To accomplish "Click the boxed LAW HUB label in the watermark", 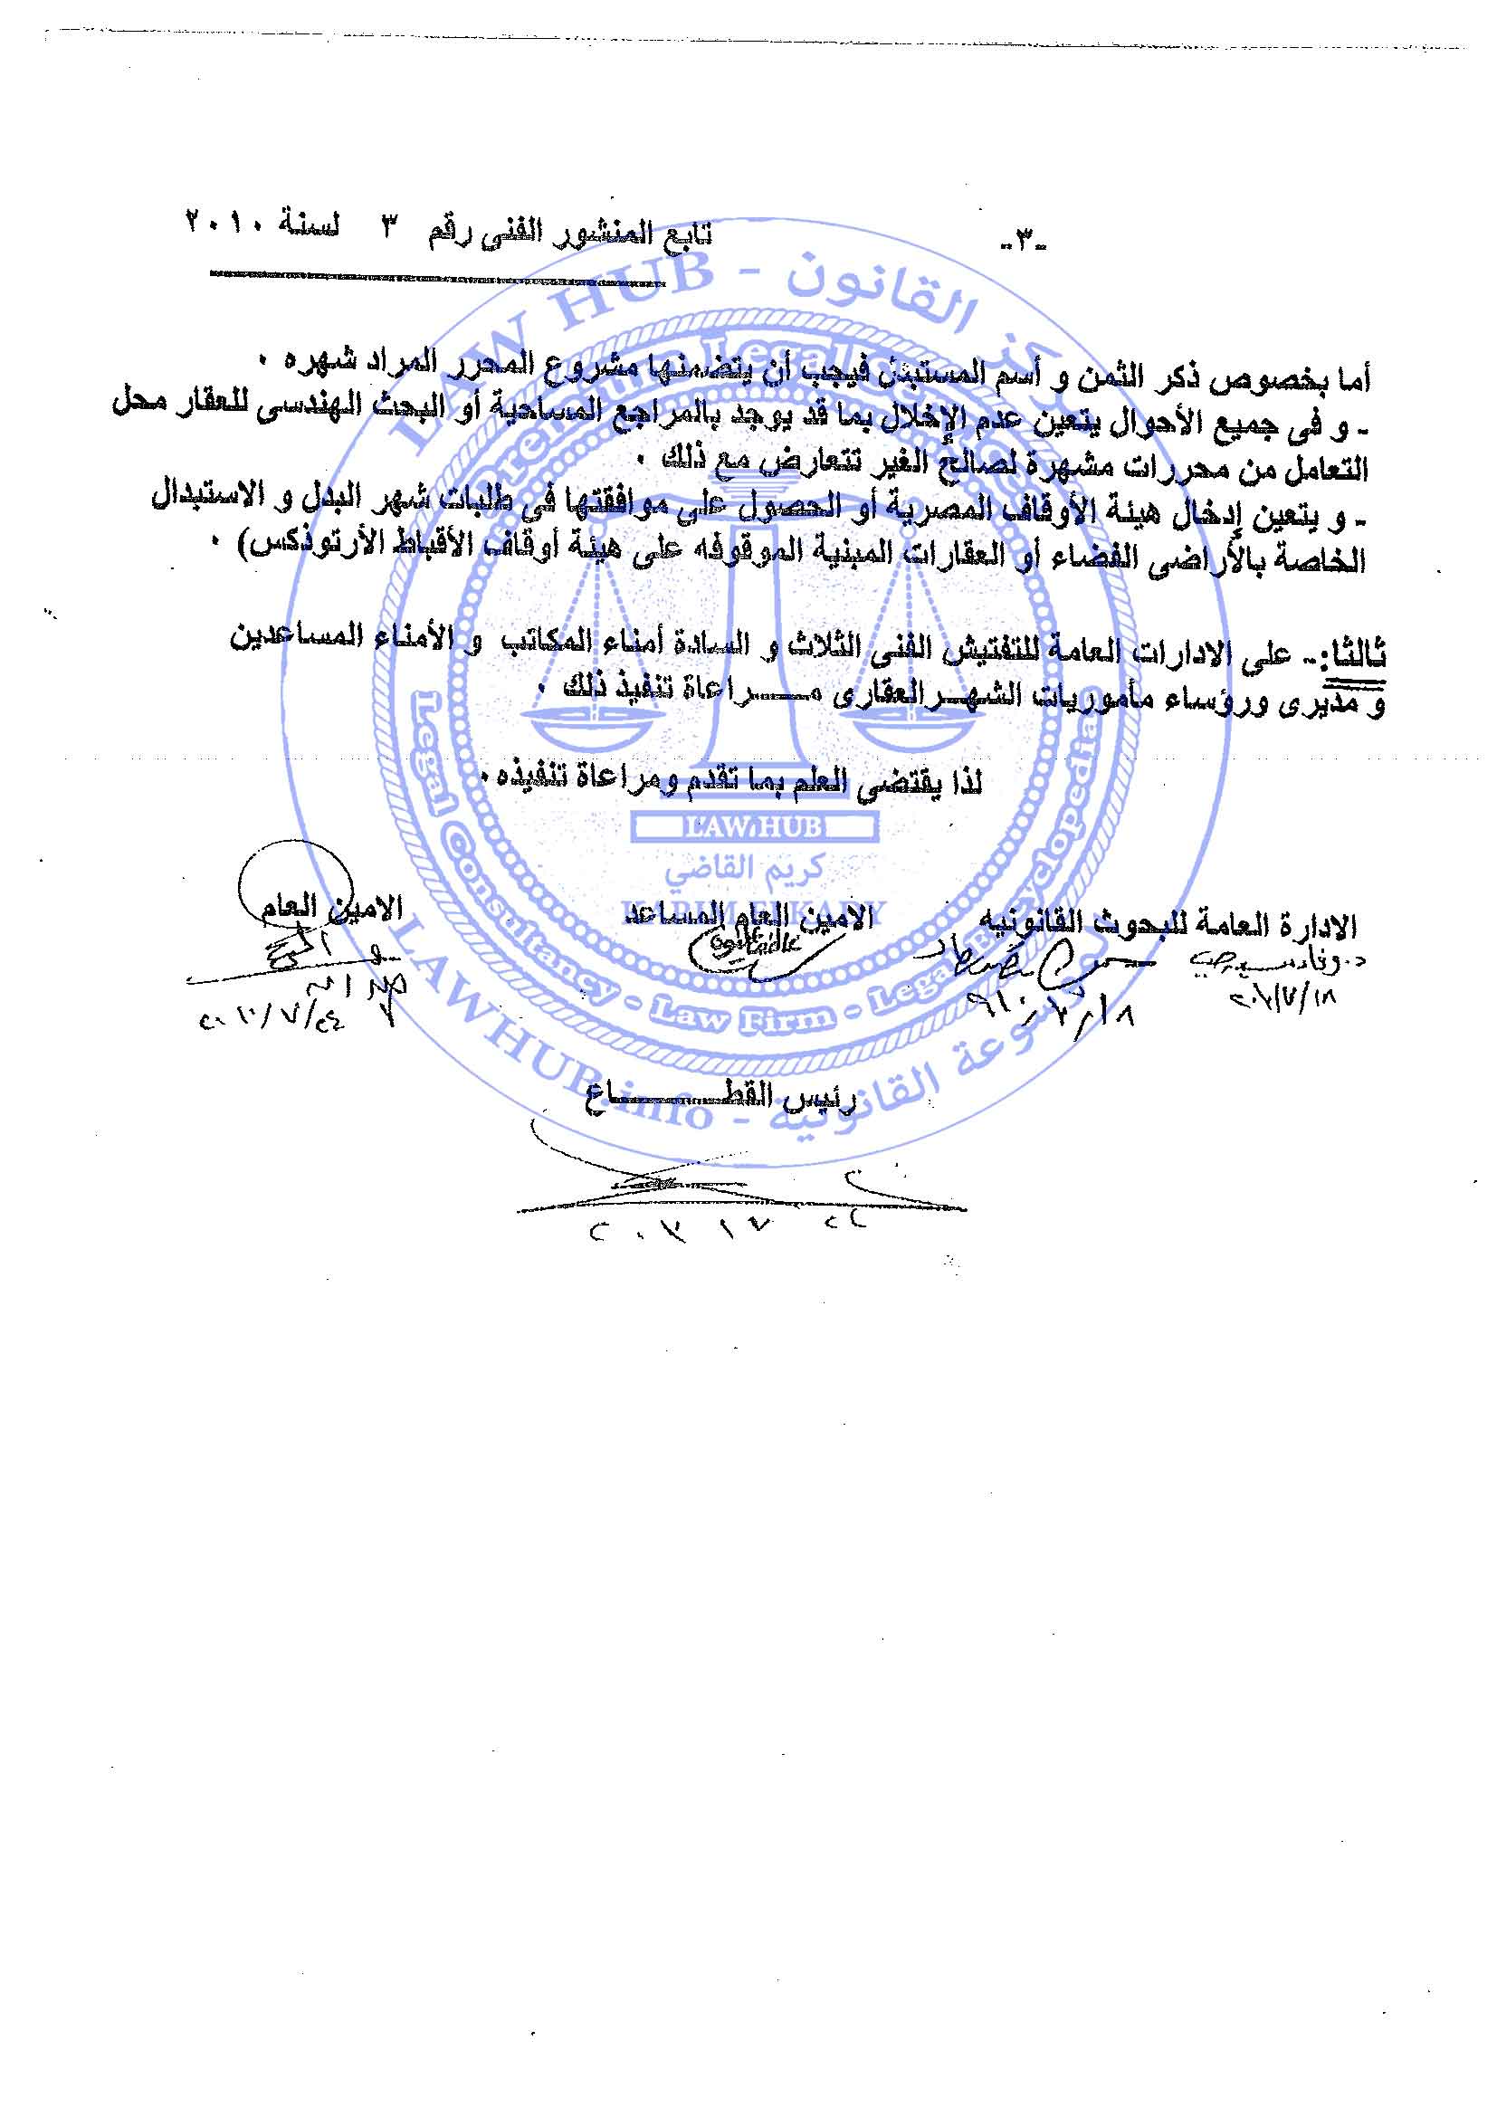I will coord(753,827).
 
